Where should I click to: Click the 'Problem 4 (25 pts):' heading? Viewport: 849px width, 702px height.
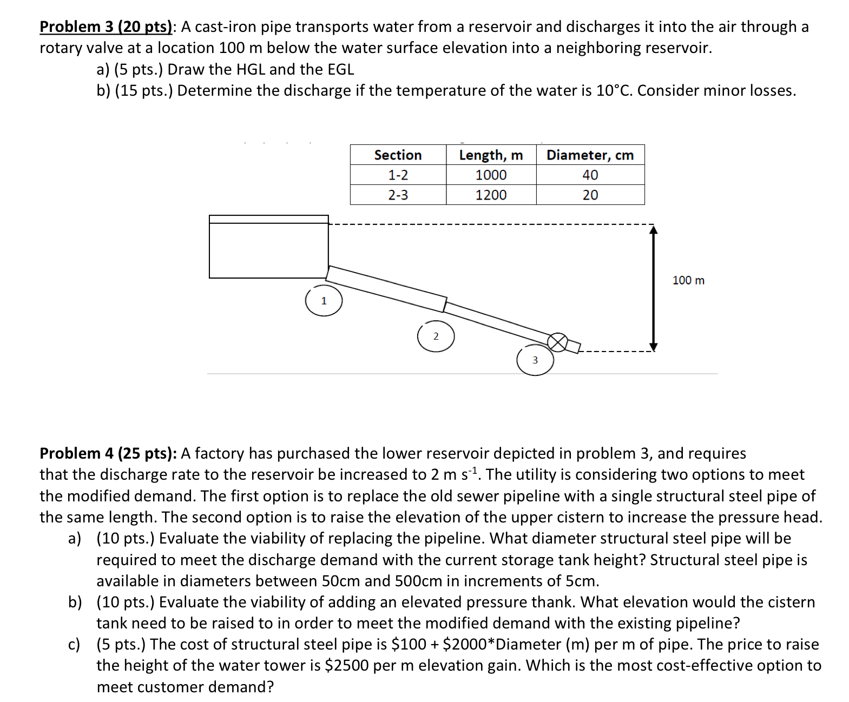[108, 453]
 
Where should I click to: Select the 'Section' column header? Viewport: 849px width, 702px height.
[398, 155]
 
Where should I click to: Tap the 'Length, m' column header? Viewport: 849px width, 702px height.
[491, 155]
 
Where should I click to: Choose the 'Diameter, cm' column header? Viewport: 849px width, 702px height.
[590, 155]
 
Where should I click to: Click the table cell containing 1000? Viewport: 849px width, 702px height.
[491, 175]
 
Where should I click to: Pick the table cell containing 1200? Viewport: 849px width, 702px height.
[491, 195]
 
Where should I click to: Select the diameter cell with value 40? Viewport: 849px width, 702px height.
[590, 175]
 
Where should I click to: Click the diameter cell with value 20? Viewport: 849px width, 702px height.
[590, 195]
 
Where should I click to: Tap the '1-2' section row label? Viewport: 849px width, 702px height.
[398, 175]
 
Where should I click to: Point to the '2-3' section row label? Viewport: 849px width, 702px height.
[398, 195]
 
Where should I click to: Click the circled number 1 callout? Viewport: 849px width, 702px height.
[324, 301]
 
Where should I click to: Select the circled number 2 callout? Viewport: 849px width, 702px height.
[436, 336]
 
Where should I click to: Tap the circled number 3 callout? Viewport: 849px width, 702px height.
[535, 360]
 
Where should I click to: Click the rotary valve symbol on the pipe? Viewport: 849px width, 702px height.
[558, 342]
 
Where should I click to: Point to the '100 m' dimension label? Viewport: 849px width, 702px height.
[688, 280]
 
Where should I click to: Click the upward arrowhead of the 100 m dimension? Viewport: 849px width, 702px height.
[653, 230]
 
